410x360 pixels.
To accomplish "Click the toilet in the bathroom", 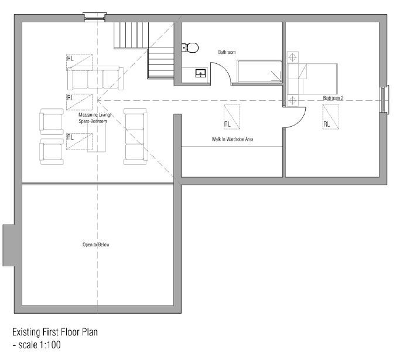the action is [x=190, y=48].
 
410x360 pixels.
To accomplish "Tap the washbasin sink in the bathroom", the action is [x=200, y=73].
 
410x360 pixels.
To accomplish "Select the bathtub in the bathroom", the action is [x=259, y=71].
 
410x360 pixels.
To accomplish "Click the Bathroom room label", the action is [x=227, y=52].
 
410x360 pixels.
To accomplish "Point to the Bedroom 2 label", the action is [x=333, y=98].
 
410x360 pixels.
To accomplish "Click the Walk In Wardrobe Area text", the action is [x=233, y=139].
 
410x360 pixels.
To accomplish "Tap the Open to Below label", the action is [x=96, y=244].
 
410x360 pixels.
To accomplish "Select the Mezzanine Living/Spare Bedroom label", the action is [x=95, y=118].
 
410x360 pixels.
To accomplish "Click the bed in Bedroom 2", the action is [x=312, y=79].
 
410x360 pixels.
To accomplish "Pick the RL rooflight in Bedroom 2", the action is [x=331, y=117].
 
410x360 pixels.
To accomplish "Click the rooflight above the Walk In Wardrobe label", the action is [x=232, y=117].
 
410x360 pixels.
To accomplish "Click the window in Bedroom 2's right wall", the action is [x=384, y=100].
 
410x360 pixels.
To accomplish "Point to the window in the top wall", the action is [x=95, y=17].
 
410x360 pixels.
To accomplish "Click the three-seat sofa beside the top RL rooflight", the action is [x=95, y=77].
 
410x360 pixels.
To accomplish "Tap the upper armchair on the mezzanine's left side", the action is [x=52, y=121].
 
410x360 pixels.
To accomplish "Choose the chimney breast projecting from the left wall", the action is [x=8, y=245].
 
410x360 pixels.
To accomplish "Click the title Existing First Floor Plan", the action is [x=55, y=332].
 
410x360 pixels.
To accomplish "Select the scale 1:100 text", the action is [x=39, y=345].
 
